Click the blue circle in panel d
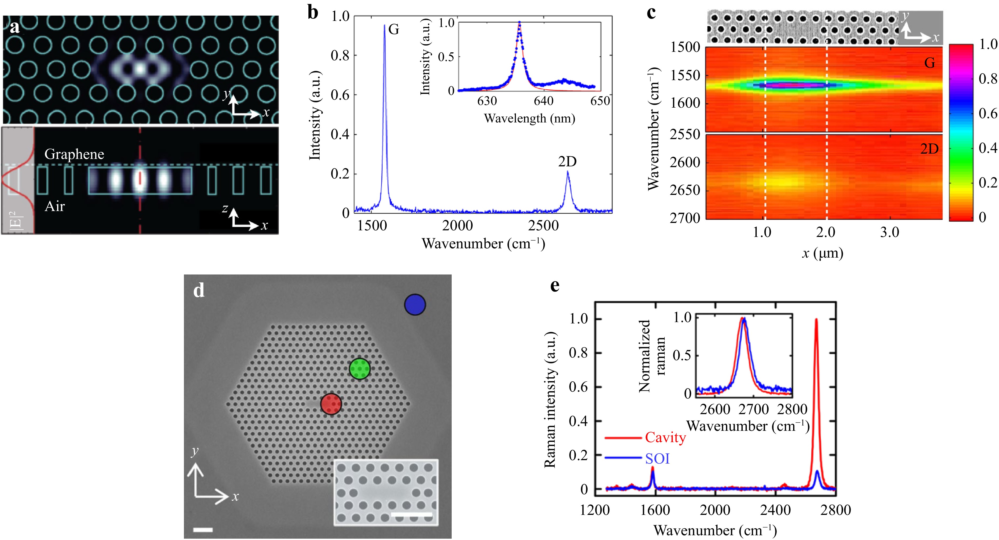tap(415, 305)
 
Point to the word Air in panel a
tap(55, 206)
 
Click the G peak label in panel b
tap(394, 29)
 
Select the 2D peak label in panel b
tap(567, 161)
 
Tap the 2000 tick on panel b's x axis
tap(458, 225)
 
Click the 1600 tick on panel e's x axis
tap(655, 510)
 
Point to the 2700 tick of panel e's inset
tap(753, 409)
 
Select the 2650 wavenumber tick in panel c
tap(685, 190)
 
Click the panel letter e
tap(555, 286)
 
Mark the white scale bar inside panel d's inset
tap(411, 515)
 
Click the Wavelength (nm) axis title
tap(529, 118)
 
